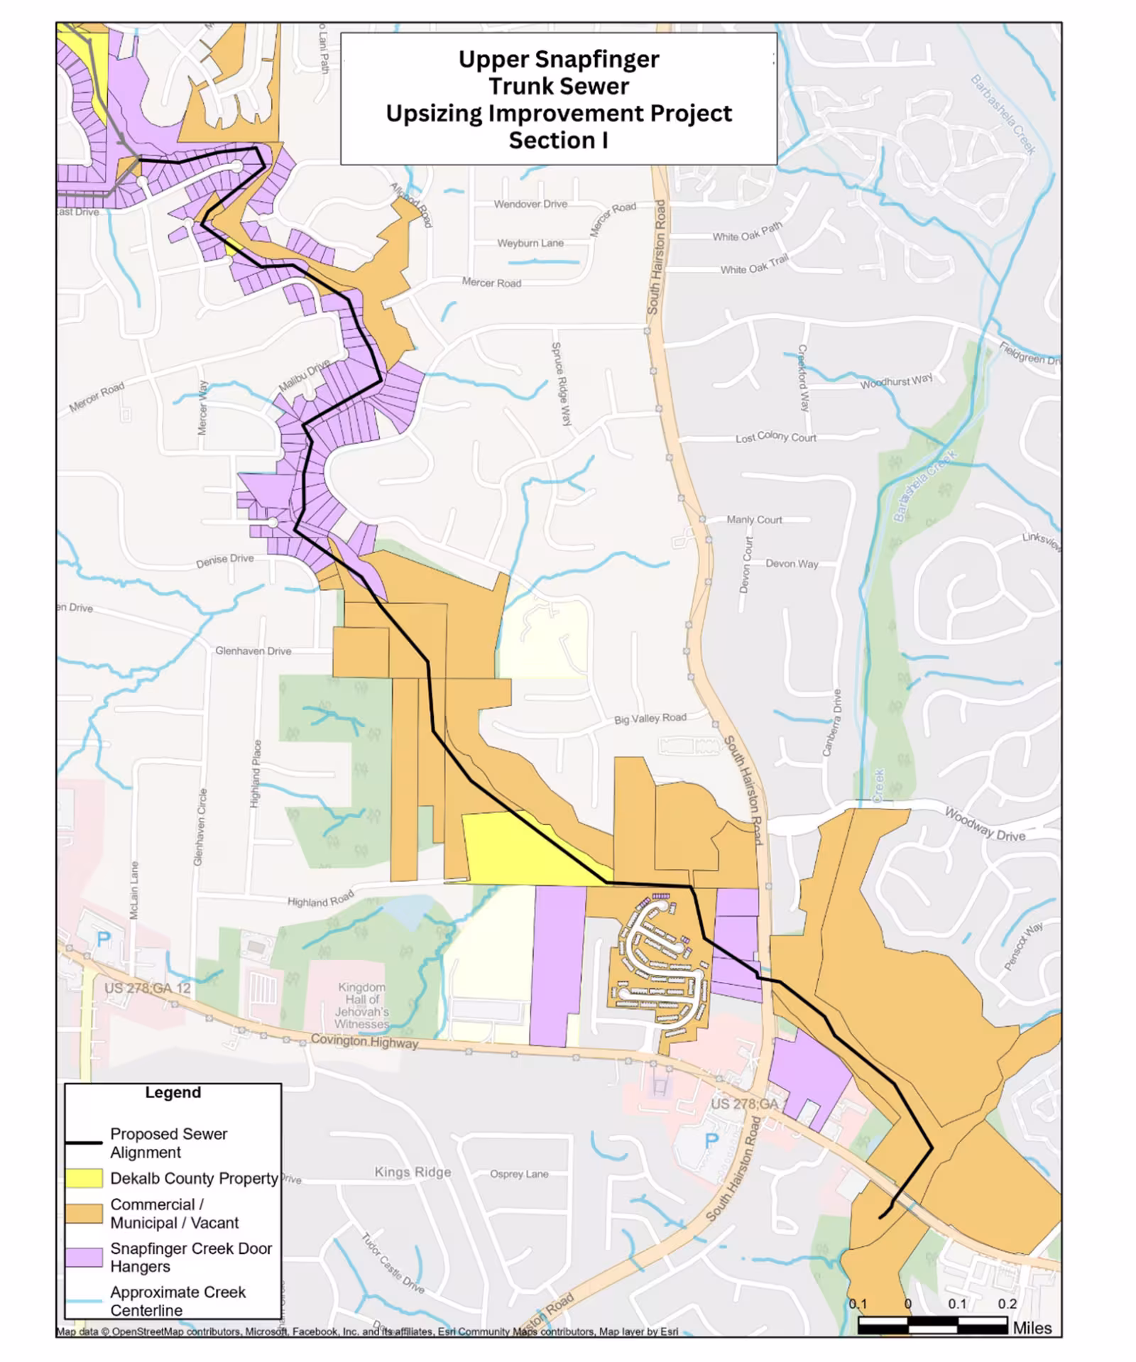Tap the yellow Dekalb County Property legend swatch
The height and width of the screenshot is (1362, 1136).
[x=84, y=1178]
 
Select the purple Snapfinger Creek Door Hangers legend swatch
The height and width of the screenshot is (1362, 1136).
[x=84, y=1257]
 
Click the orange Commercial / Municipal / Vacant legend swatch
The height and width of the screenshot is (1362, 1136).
[x=84, y=1213]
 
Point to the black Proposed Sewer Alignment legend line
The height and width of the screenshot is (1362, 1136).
[x=84, y=1143]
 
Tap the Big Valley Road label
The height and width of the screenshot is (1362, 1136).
[x=650, y=718]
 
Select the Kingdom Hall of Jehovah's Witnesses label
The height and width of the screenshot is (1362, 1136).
[x=362, y=1006]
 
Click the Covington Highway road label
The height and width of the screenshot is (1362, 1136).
[x=364, y=1042]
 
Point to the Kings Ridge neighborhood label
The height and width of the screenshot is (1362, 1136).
[x=413, y=1172]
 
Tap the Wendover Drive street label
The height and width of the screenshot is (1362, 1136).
[x=530, y=204]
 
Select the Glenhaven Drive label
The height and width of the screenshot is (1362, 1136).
[x=253, y=650]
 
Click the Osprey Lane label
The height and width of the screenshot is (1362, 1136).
[x=519, y=1174]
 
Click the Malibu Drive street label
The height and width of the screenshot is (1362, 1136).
[x=304, y=375]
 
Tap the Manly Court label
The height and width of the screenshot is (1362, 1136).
[x=754, y=520]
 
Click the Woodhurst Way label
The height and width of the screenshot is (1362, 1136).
[x=896, y=381]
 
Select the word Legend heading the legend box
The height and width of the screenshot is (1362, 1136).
[x=173, y=1093]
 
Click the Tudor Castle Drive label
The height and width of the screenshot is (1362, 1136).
[x=393, y=1263]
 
